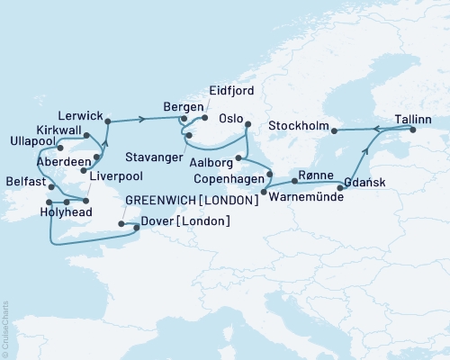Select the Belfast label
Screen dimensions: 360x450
point(20,180)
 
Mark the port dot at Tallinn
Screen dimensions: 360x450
point(415,130)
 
